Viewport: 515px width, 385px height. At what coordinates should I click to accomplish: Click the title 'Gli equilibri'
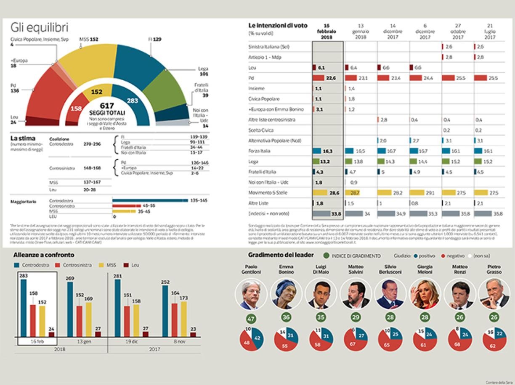tap(39, 28)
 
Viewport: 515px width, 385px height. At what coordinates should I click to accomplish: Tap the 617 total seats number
tap(107, 105)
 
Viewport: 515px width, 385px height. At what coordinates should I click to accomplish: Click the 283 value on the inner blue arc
tap(133, 101)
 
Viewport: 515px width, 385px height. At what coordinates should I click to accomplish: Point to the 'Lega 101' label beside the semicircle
tap(203, 71)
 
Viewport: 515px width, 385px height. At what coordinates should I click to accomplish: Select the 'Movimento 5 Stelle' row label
tap(268, 192)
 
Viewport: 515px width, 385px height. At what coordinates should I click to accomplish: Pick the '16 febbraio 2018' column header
tap(327, 32)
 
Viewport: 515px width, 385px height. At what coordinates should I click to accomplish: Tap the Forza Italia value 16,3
tap(327, 151)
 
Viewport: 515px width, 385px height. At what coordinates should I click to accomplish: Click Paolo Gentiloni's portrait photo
tap(251, 294)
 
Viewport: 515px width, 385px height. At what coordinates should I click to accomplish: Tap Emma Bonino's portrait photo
tap(286, 294)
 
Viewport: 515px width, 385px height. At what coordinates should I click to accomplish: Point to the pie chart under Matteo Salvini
tap(356, 339)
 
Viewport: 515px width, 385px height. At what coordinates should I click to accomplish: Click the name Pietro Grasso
tap(494, 269)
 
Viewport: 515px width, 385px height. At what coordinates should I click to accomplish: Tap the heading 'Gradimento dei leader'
tap(281, 255)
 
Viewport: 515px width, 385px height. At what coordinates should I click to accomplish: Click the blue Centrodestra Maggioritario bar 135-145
tap(150, 200)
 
